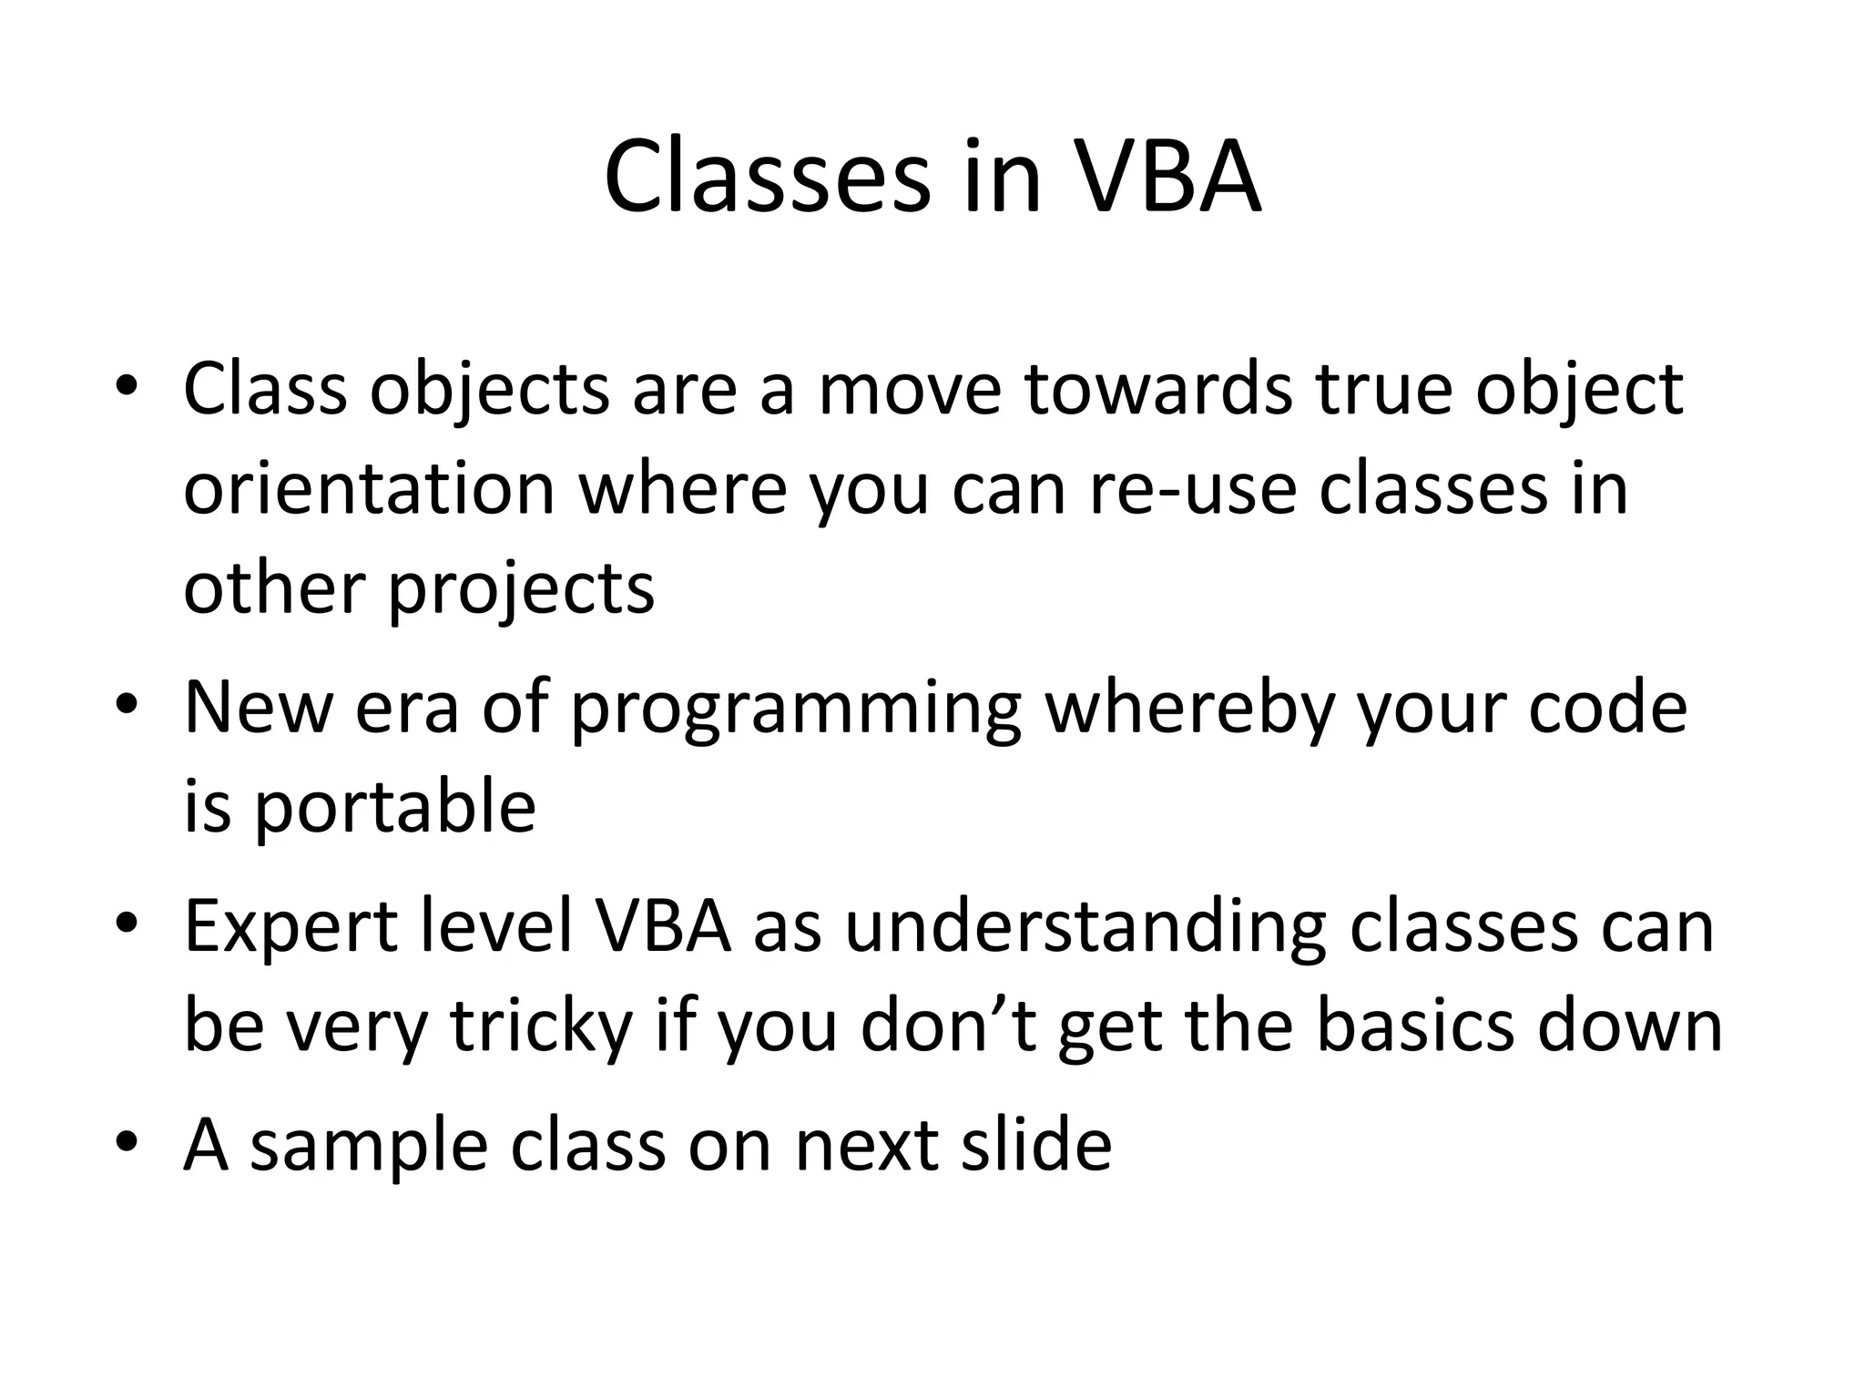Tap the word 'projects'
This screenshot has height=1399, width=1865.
pos(521,590)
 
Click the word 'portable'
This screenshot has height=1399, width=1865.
pos(393,807)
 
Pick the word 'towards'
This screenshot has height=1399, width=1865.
pos(1157,389)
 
